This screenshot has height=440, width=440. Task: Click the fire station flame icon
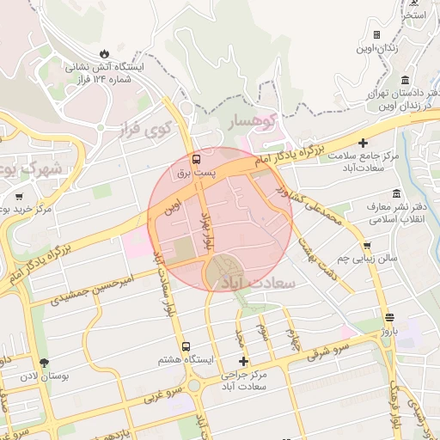pos(105,53)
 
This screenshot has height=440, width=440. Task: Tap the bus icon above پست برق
pos(197,159)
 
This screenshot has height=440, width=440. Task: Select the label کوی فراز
pos(145,131)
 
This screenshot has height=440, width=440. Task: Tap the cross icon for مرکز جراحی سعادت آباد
pos(243,362)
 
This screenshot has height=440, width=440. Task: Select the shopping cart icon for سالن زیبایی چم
pos(367,245)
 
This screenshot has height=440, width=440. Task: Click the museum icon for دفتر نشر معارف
pos(395,193)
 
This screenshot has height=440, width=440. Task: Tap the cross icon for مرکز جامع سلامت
pos(364,143)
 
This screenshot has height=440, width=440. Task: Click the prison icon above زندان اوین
pos(376,34)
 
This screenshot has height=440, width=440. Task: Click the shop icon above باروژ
pos(389,316)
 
